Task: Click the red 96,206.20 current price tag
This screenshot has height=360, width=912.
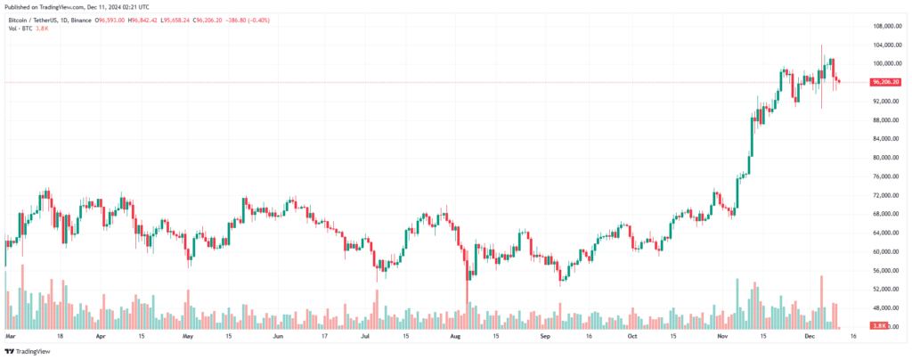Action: [886, 82]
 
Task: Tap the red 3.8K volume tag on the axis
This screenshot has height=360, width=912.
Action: [878, 327]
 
